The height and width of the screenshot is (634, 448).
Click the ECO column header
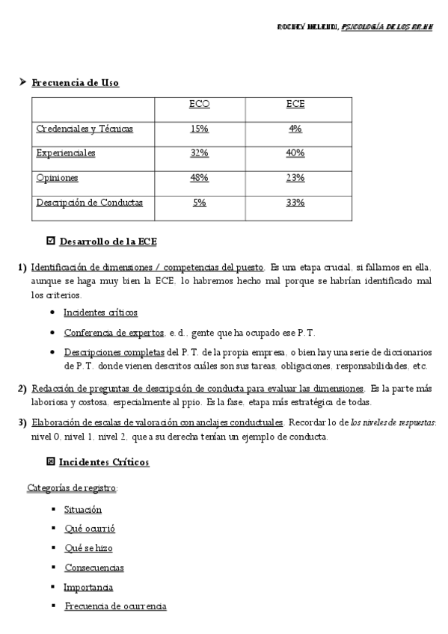(199, 105)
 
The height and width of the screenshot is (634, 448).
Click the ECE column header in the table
(295, 105)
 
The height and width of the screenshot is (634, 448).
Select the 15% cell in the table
(199, 129)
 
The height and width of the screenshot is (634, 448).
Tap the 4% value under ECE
(295, 129)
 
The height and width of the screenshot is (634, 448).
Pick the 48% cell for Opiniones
(199, 178)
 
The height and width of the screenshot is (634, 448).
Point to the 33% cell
(295, 203)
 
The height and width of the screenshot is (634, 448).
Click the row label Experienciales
(66, 153)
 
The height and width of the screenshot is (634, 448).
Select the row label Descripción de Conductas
(89, 203)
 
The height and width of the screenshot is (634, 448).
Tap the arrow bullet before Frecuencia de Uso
(22, 82)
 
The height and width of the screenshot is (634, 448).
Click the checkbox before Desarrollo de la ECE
(51, 241)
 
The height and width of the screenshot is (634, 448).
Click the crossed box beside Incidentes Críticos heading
(51, 462)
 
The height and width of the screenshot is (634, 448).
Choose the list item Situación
(83, 510)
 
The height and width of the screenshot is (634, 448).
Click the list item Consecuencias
(94, 568)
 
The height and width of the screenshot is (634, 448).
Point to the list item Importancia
(88, 588)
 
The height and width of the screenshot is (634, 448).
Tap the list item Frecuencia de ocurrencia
(115, 606)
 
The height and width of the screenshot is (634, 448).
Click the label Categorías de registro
(72, 488)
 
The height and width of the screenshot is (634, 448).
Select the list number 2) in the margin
(22, 388)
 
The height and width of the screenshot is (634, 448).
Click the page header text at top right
(358, 27)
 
